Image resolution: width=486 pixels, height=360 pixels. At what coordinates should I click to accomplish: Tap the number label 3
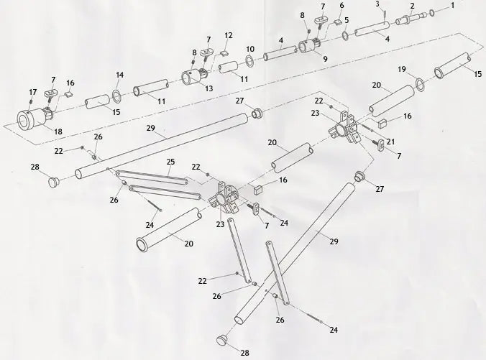tap(377, 4)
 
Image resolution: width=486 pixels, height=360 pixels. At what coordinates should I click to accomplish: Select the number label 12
tap(228, 35)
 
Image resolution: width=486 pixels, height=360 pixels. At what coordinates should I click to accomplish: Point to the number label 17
tap(32, 92)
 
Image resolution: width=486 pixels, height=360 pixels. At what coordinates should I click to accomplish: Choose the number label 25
tap(170, 161)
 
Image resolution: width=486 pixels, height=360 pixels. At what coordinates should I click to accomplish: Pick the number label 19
tap(402, 69)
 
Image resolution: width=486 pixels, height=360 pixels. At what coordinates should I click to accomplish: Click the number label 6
tap(341, 5)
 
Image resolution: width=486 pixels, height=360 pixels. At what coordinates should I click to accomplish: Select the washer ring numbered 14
tap(116, 95)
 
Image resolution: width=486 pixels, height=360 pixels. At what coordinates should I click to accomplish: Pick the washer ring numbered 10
tap(249, 62)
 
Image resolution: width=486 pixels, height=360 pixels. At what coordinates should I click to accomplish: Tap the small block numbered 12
tap(222, 52)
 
